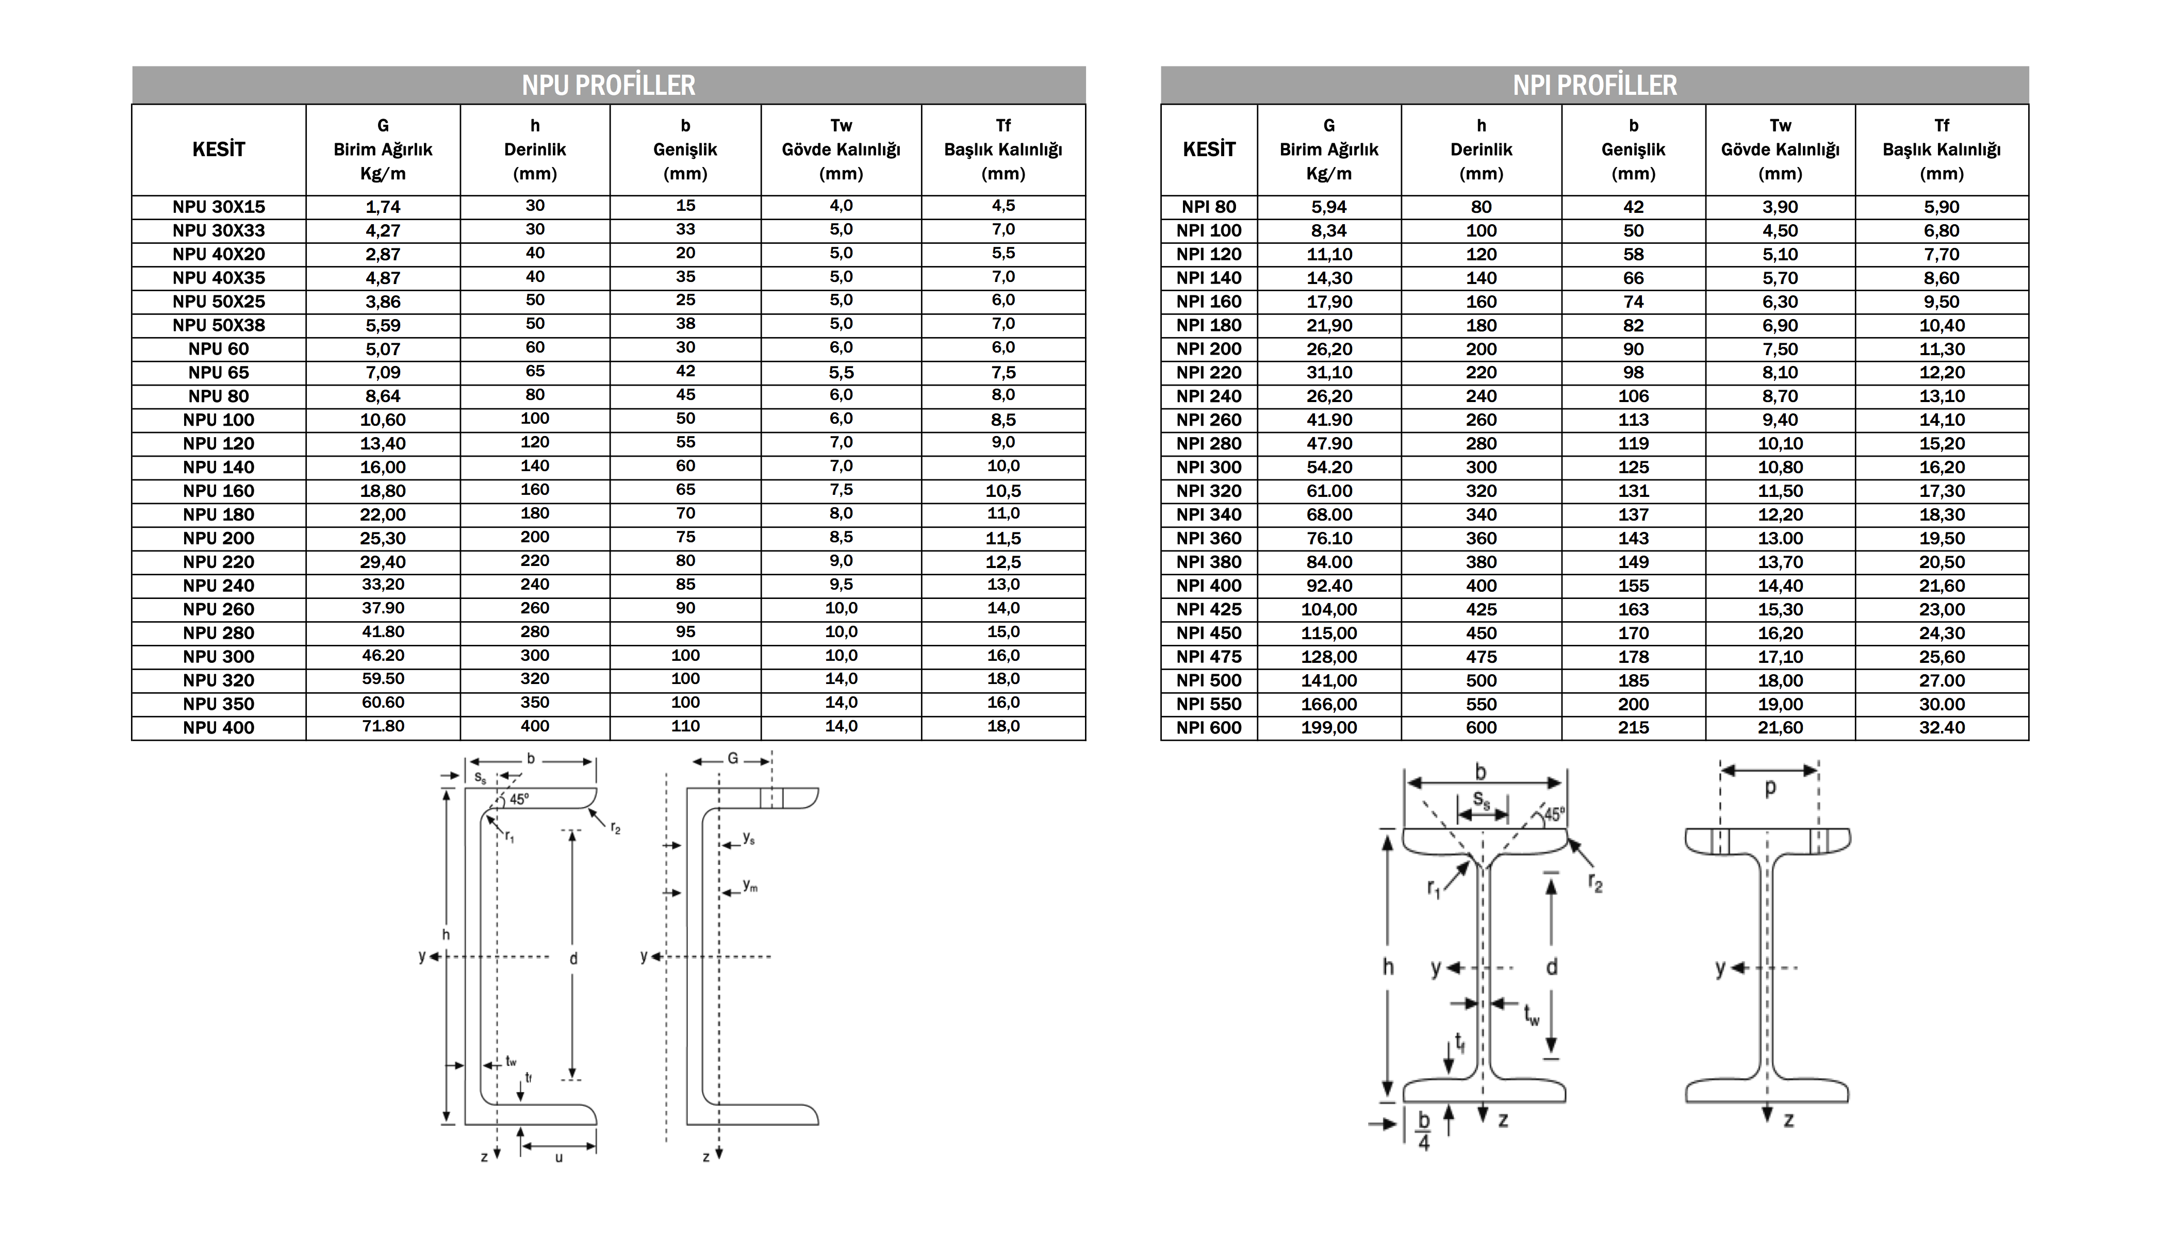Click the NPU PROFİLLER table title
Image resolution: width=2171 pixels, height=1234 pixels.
[x=608, y=85]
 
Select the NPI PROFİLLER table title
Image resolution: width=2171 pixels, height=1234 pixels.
[x=1594, y=85]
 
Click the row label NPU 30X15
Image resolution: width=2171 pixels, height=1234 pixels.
[x=219, y=207]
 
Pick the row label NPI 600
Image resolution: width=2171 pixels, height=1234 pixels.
[x=1208, y=727]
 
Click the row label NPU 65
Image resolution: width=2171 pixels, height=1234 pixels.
[x=219, y=372]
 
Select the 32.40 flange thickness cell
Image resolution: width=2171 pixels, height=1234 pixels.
[x=1942, y=727]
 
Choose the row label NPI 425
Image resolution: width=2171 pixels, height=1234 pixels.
[x=1208, y=609]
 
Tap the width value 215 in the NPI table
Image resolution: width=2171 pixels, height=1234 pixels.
[x=1633, y=727]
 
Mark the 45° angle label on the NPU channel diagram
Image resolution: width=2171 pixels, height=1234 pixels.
[x=519, y=798]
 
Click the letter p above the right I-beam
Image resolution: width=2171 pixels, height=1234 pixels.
[x=1769, y=787]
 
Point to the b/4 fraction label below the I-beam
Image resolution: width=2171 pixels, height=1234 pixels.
[x=1423, y=1130]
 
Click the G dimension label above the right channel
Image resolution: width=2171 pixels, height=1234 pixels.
[x=732, y=759]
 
